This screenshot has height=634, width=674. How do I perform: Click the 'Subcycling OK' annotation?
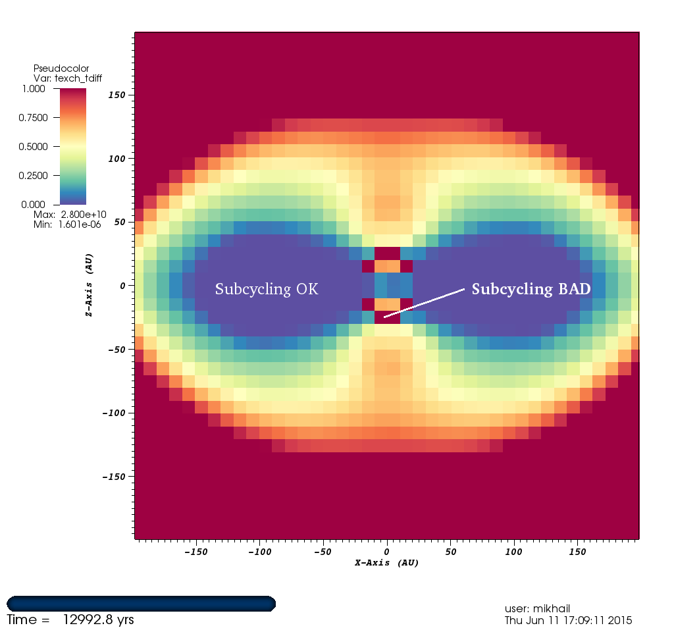[x=267, y=289]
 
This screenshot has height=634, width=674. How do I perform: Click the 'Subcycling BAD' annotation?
[x=531, y=289]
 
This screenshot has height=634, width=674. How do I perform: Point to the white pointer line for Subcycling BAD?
[x=425, y=302]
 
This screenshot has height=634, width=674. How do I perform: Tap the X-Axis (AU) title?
[x=387, y=563]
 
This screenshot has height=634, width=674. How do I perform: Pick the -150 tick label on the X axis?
[x=195, y=551]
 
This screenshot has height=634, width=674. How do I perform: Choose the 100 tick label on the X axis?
[x=515, y=551]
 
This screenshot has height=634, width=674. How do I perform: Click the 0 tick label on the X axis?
[x=387, y=551]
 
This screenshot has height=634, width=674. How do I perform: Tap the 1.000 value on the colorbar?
[x=33, y=88]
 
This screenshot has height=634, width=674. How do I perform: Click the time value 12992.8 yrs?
[x=98, y=620]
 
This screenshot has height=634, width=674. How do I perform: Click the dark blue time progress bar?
[x=141, y=603]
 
